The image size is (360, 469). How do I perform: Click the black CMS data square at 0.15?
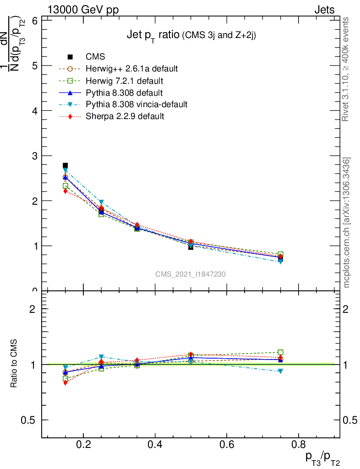click(x=65, y=165)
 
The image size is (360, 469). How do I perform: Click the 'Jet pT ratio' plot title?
click(x=191, y=35)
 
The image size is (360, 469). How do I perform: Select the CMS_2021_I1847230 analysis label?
click(x=190, y=274)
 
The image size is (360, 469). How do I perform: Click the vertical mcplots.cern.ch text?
click(x=347, y=223)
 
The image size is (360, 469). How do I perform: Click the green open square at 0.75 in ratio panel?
click(x=280, y=352)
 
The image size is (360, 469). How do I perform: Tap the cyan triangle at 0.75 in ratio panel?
click(x=280, y=371)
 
